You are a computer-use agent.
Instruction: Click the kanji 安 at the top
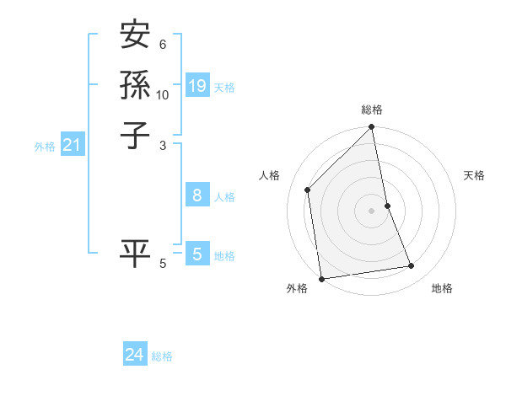(135, 36)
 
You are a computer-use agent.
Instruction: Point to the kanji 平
(135, 253)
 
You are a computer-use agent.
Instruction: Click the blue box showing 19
(197, 86)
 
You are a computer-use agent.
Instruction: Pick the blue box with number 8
(197, 195)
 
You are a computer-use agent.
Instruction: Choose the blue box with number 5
(197, 254)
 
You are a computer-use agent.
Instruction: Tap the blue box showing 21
(73, 145)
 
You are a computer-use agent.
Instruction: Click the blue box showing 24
(135, 355)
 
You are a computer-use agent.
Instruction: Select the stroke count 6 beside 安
(163, 45)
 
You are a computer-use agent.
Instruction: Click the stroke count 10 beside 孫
(163, 94)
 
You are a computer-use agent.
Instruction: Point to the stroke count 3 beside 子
(163, 145)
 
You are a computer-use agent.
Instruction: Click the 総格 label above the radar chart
(372, 110)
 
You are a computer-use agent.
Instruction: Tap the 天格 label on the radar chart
(475, 175)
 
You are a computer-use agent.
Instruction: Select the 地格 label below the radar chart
(442, 288)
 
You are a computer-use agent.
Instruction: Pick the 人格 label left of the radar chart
(269, 175)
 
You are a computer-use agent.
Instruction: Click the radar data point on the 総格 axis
(372, 128)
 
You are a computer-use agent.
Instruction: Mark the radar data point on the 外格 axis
(321, 278)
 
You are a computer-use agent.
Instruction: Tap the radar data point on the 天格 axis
(388, 205)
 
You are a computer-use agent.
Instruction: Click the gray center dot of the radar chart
(372, 210)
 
